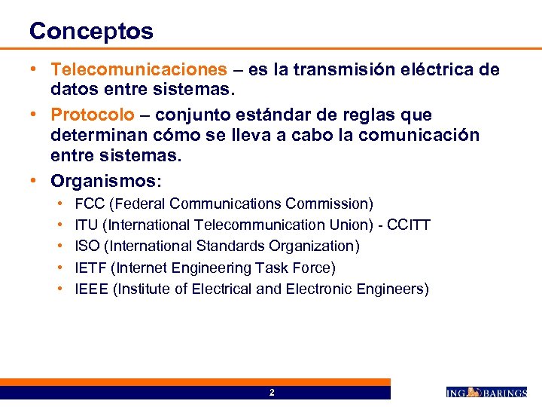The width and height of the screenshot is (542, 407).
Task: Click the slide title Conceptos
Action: tap(91, 31)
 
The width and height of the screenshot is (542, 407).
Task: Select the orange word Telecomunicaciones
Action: tap(139, 70)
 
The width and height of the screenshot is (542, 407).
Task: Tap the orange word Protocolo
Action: tap(93, 115)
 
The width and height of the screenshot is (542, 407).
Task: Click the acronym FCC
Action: tap(90, 203)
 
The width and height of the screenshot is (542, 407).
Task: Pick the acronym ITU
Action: tap(87, 225)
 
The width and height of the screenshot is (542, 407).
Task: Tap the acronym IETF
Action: tap(92, 268)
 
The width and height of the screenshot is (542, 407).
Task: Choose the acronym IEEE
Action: tap(92, 289)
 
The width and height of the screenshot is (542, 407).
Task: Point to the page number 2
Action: tap(272, 393)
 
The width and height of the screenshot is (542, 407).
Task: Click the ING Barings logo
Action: tap(486, 392)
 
